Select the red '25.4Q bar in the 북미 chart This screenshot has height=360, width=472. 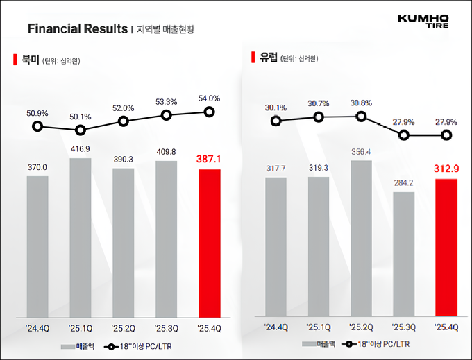pos(209,245)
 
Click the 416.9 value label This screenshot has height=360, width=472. pos(81,148)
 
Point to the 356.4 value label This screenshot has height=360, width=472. pos(361,152)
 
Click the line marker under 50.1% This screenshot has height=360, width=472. pos(81,130)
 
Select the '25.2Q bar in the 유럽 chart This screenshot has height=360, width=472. pos(361,241)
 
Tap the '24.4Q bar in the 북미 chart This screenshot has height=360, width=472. pos(37,248)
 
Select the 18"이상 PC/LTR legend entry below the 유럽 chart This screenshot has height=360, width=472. pos(376,344)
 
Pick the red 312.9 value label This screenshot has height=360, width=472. pos(446,169)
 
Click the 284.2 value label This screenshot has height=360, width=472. pos(403,182)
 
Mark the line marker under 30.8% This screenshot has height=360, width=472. pos(361,116)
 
